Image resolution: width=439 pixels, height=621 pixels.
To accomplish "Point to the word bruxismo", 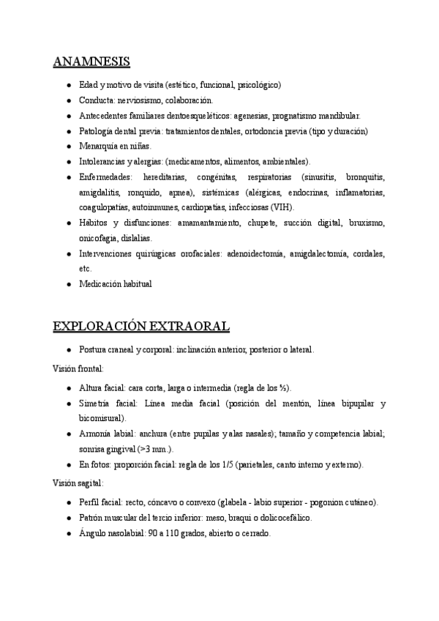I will [366, 223].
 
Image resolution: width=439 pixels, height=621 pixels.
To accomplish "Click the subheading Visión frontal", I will [78, 369].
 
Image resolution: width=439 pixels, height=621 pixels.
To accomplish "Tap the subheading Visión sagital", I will [78, 483].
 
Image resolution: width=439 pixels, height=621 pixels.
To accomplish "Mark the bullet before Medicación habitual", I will [67, 284].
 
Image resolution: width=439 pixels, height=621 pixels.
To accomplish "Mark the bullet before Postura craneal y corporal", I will [67, 350].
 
